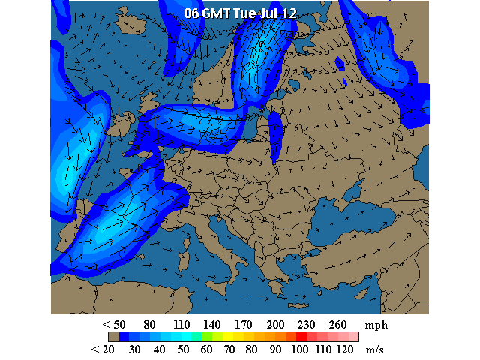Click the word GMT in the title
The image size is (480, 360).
point(217,13)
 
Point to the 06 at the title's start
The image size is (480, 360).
point(191,13)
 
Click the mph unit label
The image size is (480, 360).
point(376,325)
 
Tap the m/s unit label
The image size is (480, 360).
point(375,349)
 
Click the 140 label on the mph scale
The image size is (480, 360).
point(211,325)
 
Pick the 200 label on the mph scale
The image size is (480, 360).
point(276,325)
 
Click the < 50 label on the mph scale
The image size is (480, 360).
point(114,325)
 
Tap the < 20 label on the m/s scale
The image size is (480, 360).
point(102,349)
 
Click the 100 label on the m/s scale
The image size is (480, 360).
point(299,349)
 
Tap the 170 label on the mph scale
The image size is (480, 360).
point(243,325)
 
